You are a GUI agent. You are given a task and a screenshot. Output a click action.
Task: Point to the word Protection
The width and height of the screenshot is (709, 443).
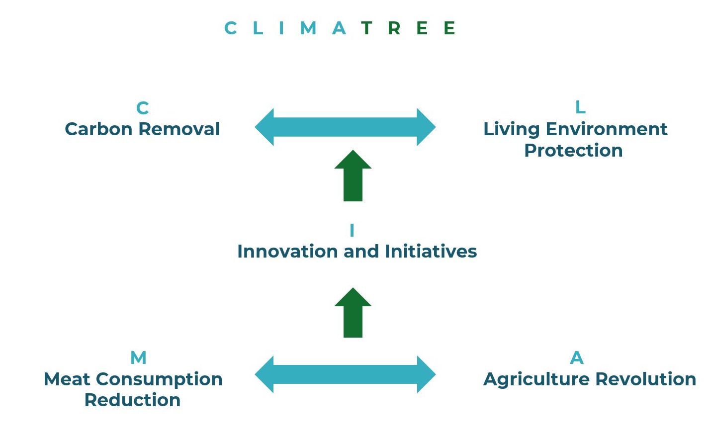click(x=573, y=151)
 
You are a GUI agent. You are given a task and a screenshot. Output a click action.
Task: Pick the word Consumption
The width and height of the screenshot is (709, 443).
click(x=159, y=380)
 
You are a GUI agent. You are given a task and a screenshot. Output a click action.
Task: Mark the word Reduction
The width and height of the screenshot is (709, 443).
click(x=132, y=400)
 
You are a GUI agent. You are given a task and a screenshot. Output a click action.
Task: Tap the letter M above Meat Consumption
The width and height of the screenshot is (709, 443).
click(x=138, y=358)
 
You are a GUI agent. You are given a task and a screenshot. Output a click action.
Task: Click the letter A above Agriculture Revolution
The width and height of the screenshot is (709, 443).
click(x=576, y=358)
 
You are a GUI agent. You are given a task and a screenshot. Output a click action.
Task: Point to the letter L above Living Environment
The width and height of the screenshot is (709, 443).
click(x=580, y=107)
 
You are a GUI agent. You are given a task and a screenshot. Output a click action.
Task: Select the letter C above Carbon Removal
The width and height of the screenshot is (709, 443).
click(x=142, y=108)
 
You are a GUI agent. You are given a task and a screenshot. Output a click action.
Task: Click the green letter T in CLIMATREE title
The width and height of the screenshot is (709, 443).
click(x=366, y=28)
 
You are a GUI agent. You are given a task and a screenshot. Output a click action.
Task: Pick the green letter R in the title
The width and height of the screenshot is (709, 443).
click(x=394, y=28)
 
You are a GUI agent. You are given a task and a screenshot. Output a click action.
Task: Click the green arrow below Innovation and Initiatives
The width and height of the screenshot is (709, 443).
click(x=353, y=313)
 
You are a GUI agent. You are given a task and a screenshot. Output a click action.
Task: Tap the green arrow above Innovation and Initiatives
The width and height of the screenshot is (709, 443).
click(x=353, y=176)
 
